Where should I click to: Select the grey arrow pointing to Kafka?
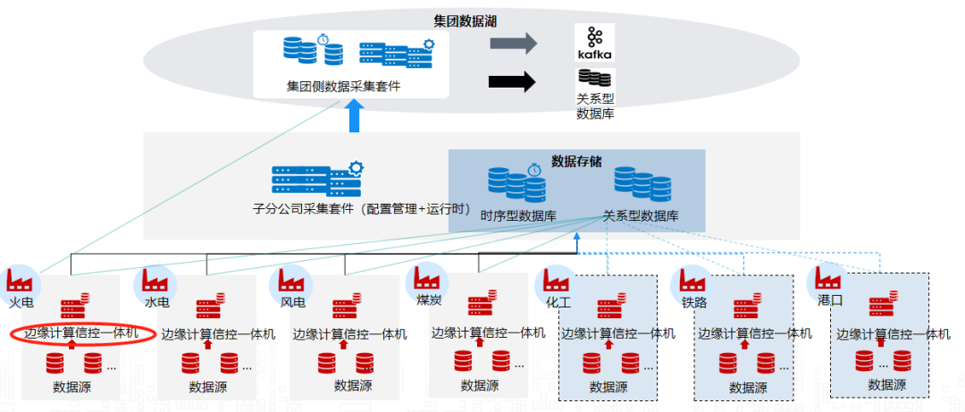click(513, 42)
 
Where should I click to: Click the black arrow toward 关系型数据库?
click(512, 82)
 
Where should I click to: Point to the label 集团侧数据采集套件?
click(344, 87)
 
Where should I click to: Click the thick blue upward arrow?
click(356, 116)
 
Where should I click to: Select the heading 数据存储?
click(576, 162)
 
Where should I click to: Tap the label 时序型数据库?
click(518, 216)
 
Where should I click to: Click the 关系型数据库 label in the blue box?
click(641, 216)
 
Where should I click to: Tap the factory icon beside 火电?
click(20, 280)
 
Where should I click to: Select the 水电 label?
click(157, 302)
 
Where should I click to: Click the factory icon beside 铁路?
click(690, 281)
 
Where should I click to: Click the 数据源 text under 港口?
click(887, 384)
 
